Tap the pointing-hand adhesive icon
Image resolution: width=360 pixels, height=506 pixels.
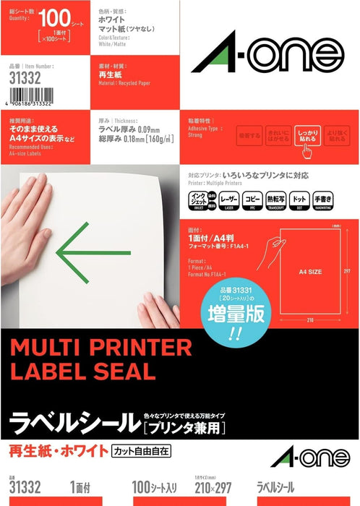[x=306, y=147]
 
